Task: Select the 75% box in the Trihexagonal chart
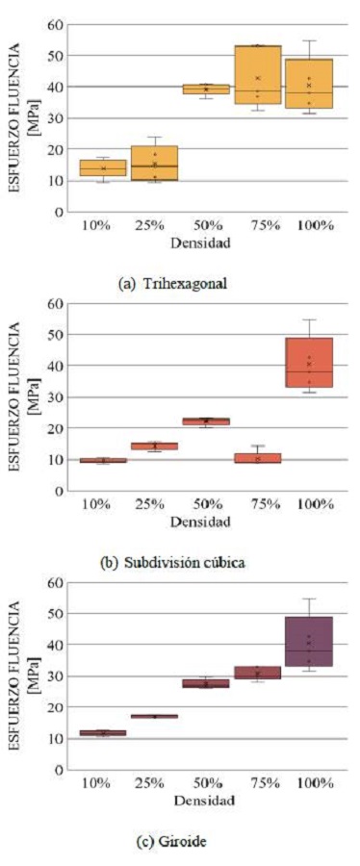tap(257, 74)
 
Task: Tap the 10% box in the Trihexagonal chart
tap(102, 167)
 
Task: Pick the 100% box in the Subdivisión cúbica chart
tap(309, 362)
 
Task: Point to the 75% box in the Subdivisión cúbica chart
tap(257, 458)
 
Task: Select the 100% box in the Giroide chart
tap(309, 641)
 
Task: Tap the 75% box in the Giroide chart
tap(257, 673)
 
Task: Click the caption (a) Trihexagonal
tap(178, 284)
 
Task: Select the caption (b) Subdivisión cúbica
tap(178, 562)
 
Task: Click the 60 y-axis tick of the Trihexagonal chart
tap(57, 24)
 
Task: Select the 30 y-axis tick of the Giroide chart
tap(57, 676)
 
